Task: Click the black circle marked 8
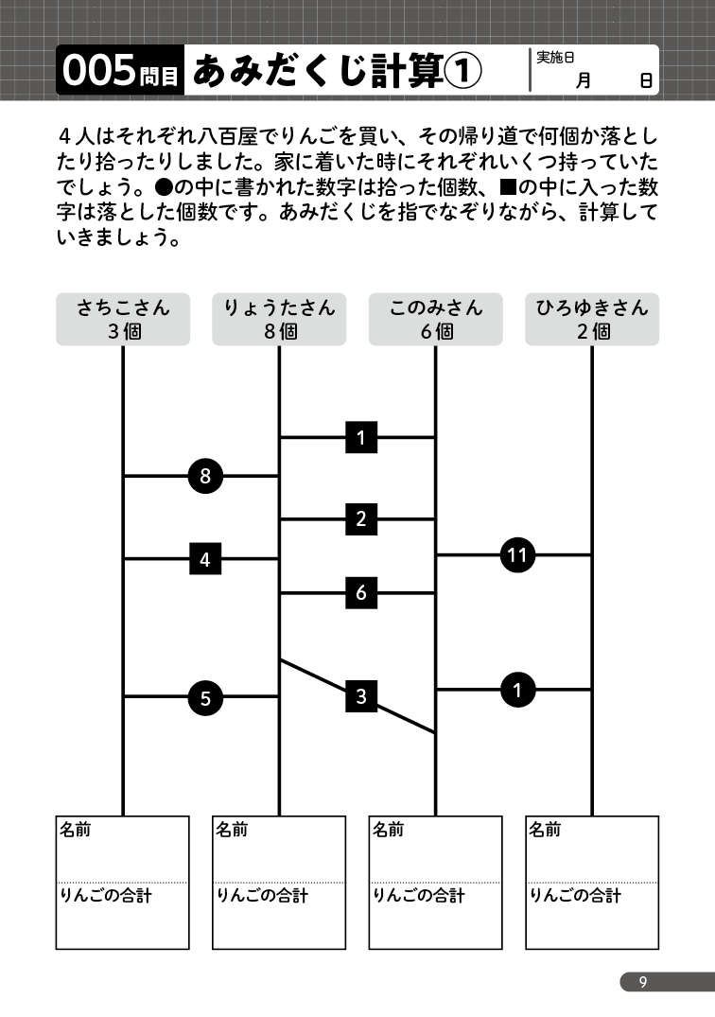click(205, 476)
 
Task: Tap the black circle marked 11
click(517, 555)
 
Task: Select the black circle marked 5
click(205, 698)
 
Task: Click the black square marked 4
click(205, 558)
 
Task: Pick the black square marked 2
click(361, 518)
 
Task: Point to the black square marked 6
click(361, 593)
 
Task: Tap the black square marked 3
click(361, 696)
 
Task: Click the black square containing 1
click(361, 438)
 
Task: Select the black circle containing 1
click(517, 690)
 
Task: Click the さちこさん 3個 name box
click(123, 319)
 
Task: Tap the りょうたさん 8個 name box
click(279, 319)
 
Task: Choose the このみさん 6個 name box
click(436, 319)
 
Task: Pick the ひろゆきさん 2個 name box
click(592, 319)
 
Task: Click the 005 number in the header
click(99, 71)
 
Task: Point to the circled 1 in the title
click(462, 71)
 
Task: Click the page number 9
click(643, 982)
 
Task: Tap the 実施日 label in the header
click(555, 58)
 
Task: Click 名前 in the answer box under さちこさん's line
click(76, 830)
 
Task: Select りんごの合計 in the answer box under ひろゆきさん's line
click(576, 896)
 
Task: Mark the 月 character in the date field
click(584, 80)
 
